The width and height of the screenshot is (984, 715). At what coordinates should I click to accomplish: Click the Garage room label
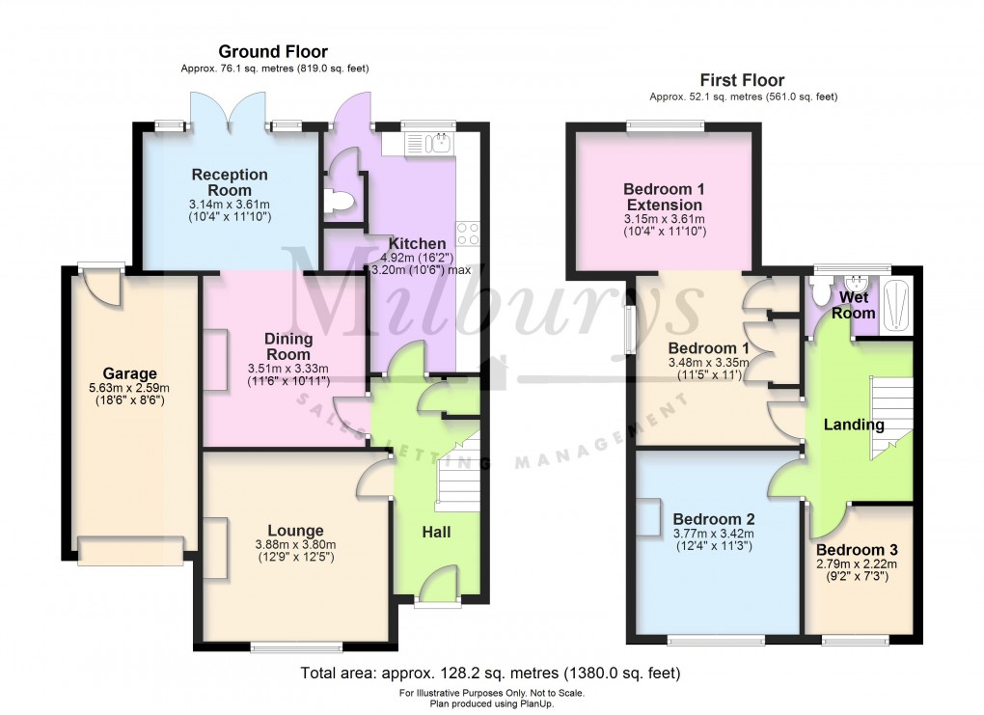pos(130,373)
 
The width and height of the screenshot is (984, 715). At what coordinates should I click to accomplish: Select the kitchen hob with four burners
pos(468,233)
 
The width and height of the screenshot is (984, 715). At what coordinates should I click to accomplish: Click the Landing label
pos(854,425)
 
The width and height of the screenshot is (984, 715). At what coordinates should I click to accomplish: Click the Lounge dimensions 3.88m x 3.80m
pos(296,545)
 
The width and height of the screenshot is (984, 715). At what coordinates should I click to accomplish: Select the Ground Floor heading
pos(273,51)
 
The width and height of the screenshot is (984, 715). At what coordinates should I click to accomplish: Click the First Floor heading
pos(743,80)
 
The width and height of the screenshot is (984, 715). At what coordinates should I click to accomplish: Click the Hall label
pos(436,532)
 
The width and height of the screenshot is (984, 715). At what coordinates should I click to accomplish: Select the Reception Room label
pos(230,182)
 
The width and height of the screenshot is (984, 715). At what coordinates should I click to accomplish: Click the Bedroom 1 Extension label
pos(663,197)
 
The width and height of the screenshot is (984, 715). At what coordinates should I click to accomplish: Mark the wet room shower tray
pos(896,302)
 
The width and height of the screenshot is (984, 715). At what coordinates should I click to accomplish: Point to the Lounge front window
pos(295,646)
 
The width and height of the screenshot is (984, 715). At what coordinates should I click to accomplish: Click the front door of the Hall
pos(438,587)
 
